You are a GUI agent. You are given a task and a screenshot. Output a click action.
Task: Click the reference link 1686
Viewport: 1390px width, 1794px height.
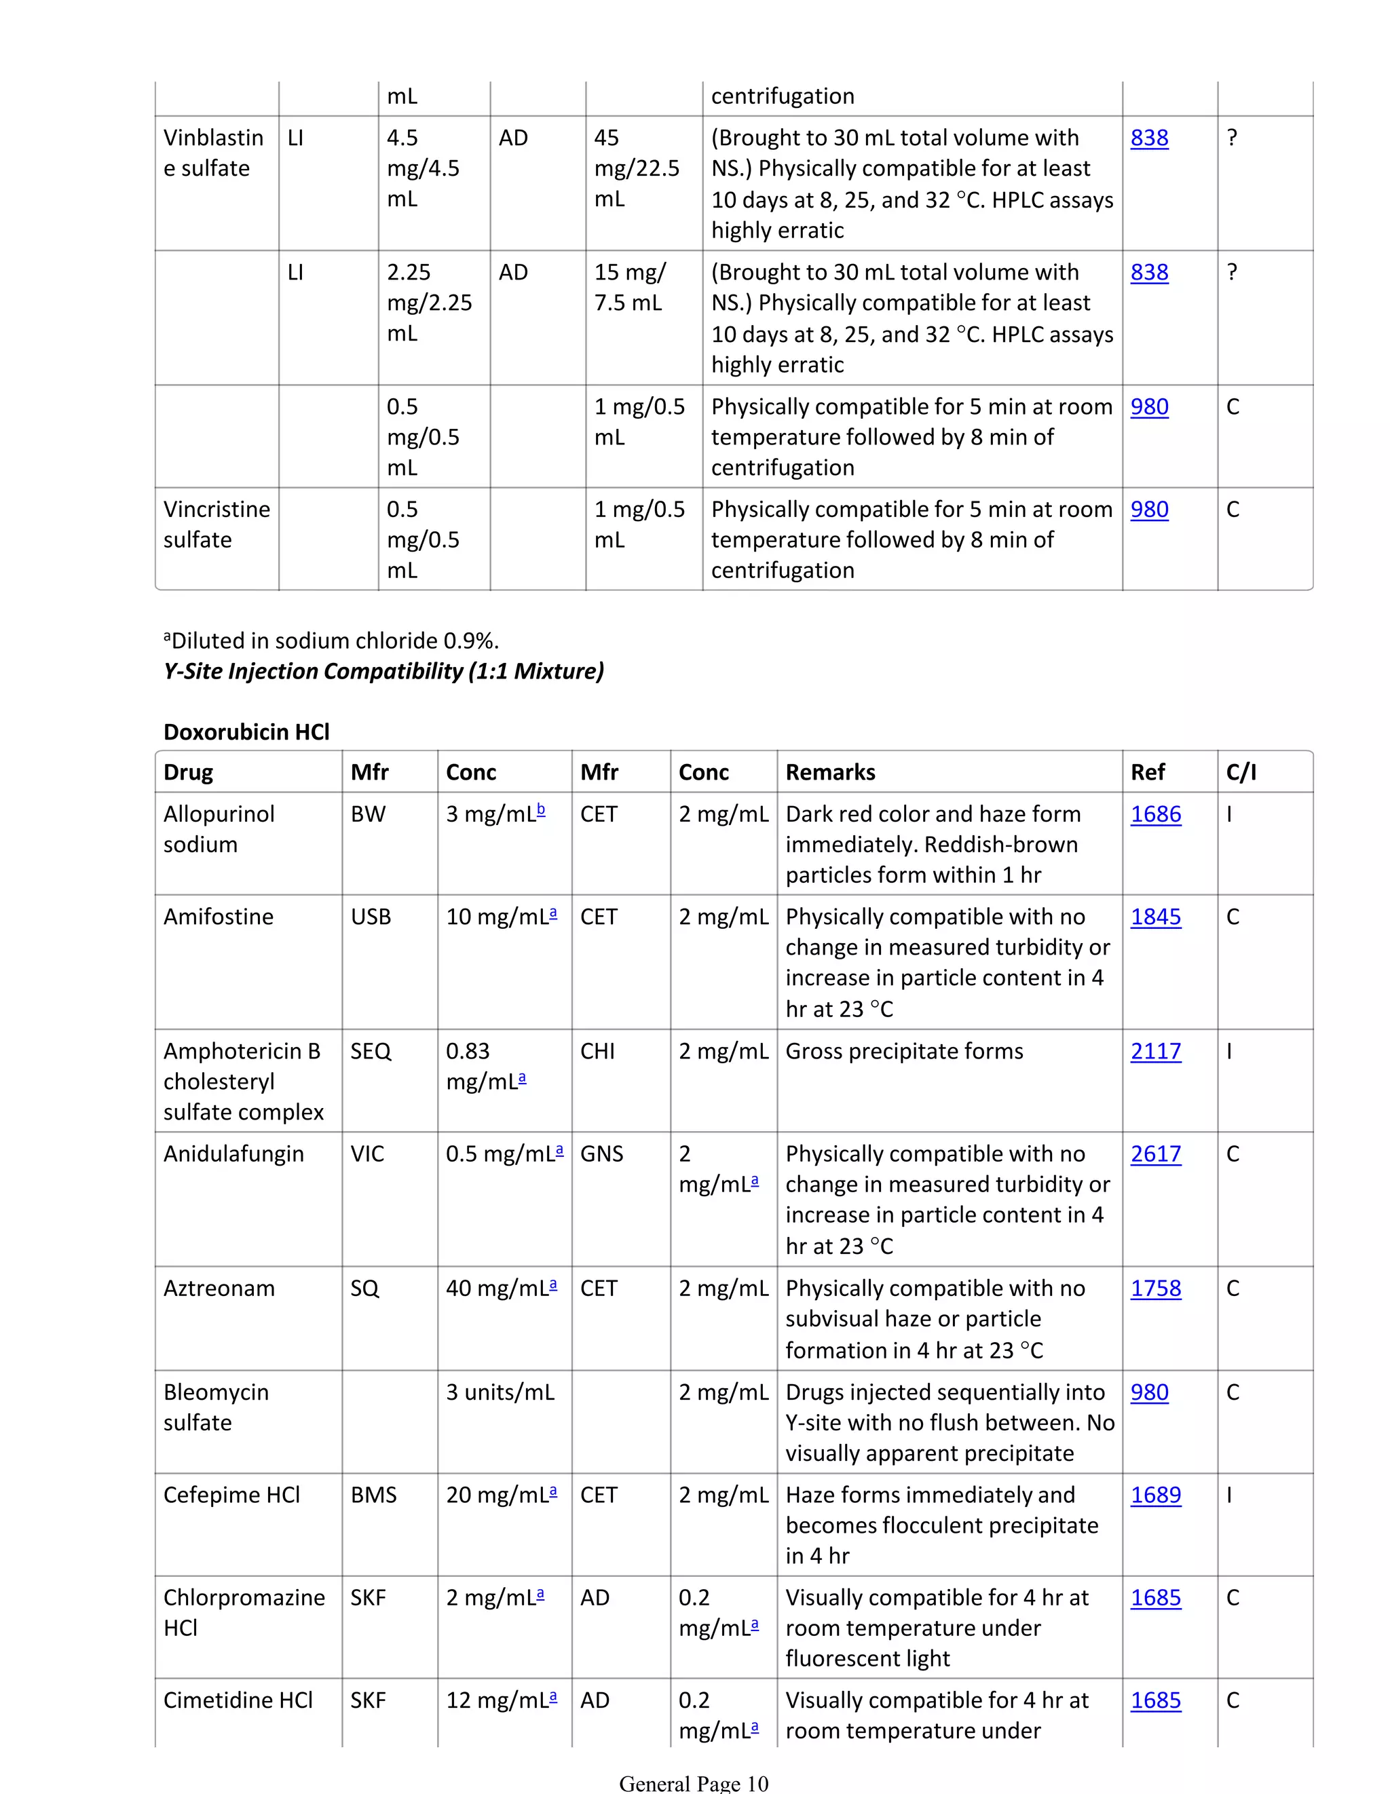point(1155,814)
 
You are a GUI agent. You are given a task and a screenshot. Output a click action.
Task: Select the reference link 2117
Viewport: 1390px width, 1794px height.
point(1155,1052)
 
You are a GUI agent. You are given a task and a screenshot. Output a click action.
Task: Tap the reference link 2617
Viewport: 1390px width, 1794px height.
point(1155,1154)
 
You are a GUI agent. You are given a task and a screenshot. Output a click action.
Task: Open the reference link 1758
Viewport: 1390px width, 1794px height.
point(1155,1288)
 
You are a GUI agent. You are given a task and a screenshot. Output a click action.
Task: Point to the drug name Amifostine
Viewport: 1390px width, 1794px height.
point(219,917)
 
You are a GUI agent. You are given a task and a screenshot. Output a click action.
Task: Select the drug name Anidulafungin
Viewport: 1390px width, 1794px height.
point(233,1154)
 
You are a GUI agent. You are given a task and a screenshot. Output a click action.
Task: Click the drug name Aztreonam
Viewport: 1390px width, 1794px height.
point(219,1288)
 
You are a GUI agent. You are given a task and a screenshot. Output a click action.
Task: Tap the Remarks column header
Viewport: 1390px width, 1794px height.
point(830,772)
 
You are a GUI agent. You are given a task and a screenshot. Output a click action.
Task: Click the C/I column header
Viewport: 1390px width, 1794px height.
point(1241,772)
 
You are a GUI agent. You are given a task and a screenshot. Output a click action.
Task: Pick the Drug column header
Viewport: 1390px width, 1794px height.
point(188,772)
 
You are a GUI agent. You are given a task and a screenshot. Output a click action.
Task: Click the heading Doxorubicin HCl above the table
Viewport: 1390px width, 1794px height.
point(246,732)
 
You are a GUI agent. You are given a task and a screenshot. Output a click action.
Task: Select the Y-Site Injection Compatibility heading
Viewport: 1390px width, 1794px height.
point(383,671)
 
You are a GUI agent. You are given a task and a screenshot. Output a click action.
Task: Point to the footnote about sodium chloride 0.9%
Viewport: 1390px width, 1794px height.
point(331,641)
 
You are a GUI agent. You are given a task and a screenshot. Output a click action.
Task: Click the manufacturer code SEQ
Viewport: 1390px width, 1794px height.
point(371,1052)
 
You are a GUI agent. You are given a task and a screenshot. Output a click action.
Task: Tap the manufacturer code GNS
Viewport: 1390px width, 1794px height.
point(601,1154)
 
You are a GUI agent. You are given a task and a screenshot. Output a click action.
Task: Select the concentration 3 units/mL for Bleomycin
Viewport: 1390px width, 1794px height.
point(500,1392)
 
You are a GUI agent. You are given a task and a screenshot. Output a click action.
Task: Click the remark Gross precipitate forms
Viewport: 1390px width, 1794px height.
point(903,1052)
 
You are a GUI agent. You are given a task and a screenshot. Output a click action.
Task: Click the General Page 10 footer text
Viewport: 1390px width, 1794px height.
point(694,1782)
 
